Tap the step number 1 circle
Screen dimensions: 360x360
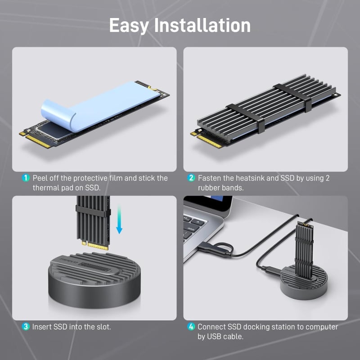pyautogui.click(x=26, y=178)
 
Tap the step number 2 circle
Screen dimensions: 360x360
pyautogui.click(x=191, y=178)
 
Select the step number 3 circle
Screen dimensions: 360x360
pyautogui.click(x=26, y=326)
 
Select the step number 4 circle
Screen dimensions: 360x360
pyautogui.click(x=191, y=327)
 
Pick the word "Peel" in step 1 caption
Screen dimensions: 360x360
pyautogui.click(x=40, y=178)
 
